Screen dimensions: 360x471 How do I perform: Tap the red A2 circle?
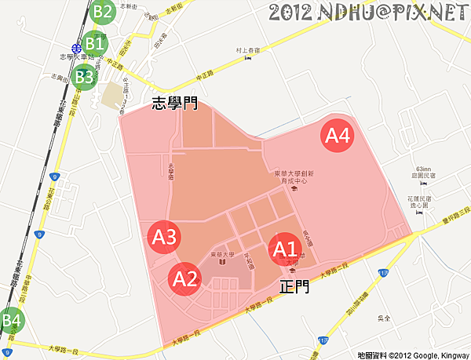[184, 278]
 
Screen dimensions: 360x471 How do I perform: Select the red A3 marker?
[166, 236]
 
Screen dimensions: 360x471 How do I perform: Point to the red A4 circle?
[338, 136]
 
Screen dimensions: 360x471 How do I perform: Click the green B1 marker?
[95, 43]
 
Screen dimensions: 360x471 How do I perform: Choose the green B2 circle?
[102, 11]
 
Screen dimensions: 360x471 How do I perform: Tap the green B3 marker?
[84, 77]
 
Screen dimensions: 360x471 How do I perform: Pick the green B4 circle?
[11, 321]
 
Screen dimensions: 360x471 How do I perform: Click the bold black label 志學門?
[175, 103]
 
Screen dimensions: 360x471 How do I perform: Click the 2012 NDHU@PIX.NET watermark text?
[367, 13]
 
